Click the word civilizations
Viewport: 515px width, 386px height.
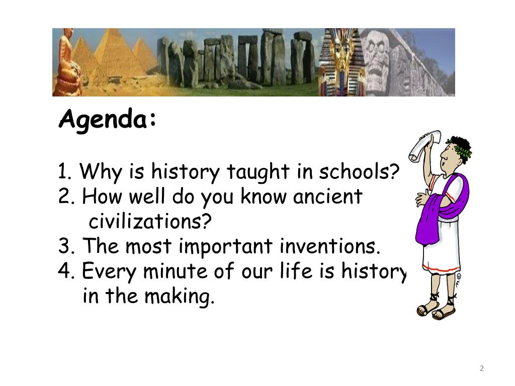pyautogui.click(x=150, y=221)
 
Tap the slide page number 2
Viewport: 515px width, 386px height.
pyautogui.click(x=481, y=369)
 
